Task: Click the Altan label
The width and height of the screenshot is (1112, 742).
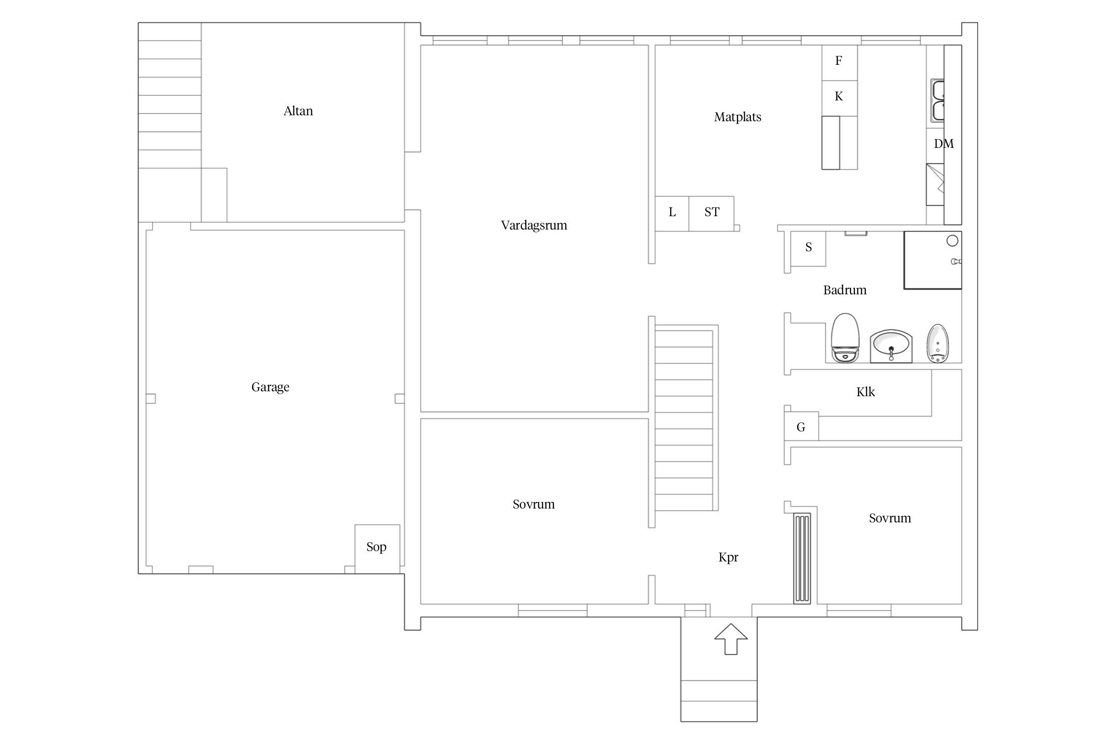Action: coord(298,111)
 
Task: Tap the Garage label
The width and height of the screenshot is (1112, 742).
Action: coord(270,387)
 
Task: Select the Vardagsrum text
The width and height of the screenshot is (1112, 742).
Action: coord(534,226)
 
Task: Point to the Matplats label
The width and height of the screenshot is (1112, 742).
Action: coord(737,117)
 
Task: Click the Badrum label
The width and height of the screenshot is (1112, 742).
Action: coord(845,290)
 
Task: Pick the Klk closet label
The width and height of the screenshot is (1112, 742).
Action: coord(865,392)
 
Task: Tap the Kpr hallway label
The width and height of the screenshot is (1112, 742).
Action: coord(728,557)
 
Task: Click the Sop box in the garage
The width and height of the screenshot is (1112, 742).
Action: coord(377,549)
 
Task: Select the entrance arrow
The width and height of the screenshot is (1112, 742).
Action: coord(731,639)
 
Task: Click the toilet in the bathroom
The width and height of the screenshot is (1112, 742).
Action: coord(845,338)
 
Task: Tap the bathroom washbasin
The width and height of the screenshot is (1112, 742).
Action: coord(891,346)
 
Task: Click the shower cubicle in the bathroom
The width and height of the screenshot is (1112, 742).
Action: coord(933,260)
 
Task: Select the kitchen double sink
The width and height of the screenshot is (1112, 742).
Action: coord(938,100)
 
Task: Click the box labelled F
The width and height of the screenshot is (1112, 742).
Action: coord(839,63)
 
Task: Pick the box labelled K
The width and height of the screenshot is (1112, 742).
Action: coord(839,98)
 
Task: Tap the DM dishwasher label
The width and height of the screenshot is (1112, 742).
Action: coord(943,144)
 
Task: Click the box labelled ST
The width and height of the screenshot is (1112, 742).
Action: coord(711,214)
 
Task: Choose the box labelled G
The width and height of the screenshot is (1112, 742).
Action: coord(801,426)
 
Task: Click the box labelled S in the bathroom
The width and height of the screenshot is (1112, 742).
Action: coord(808,249)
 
